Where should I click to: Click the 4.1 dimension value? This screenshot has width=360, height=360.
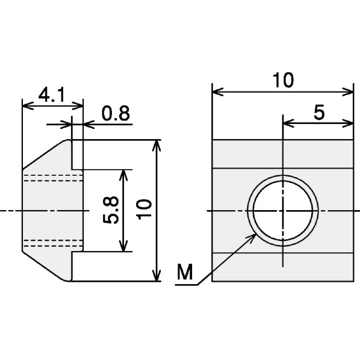(52, 95)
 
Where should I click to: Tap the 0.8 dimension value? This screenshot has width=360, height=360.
(116, 113)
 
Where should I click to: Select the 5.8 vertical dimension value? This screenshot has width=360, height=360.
(111, 210)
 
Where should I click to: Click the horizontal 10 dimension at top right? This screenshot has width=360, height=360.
(283, 80)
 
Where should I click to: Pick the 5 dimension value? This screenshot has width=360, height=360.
(319, 112)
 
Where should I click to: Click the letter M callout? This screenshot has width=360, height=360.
(185, 272)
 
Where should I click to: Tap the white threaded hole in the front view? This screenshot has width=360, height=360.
(283, 211)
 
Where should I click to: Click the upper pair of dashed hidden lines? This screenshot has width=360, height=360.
(53, 178)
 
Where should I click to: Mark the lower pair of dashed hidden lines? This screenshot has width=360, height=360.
(53, 243)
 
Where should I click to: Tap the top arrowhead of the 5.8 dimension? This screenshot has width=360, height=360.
(123, 175)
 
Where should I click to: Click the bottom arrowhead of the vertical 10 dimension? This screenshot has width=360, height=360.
(157, 276)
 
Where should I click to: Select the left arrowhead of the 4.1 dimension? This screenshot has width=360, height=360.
(28, 106)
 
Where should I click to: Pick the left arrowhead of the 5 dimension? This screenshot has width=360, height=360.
(288, 123)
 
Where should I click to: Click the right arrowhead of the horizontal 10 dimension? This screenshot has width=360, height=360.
(347, 92)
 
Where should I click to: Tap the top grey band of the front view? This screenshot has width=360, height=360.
(282, 154)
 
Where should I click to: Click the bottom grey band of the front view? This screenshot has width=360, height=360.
(282, 267)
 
